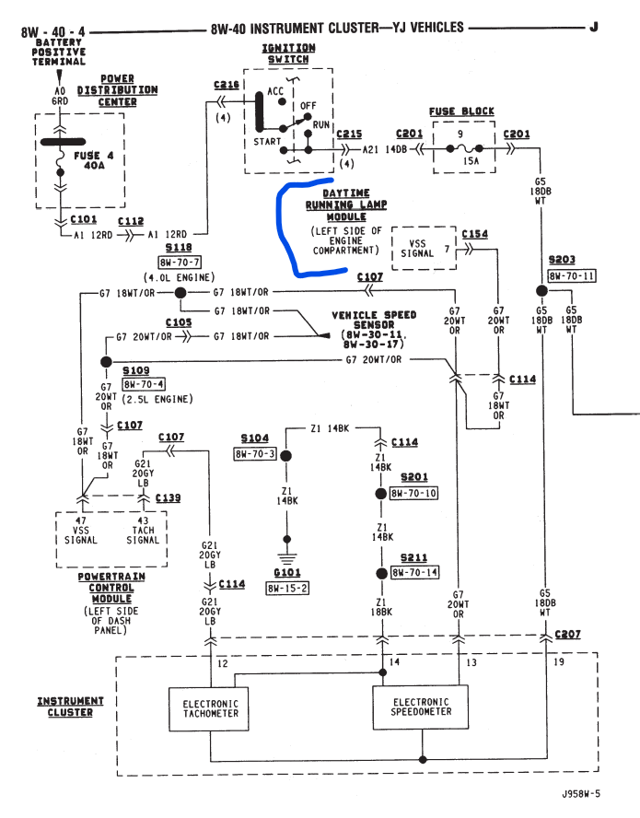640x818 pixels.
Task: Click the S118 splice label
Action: (x=178, y=249)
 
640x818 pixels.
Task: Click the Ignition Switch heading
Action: (x=288, y=53)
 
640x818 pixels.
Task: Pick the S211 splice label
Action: (x=413, y=557)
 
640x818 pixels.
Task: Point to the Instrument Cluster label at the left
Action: (x=71, y=707)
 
